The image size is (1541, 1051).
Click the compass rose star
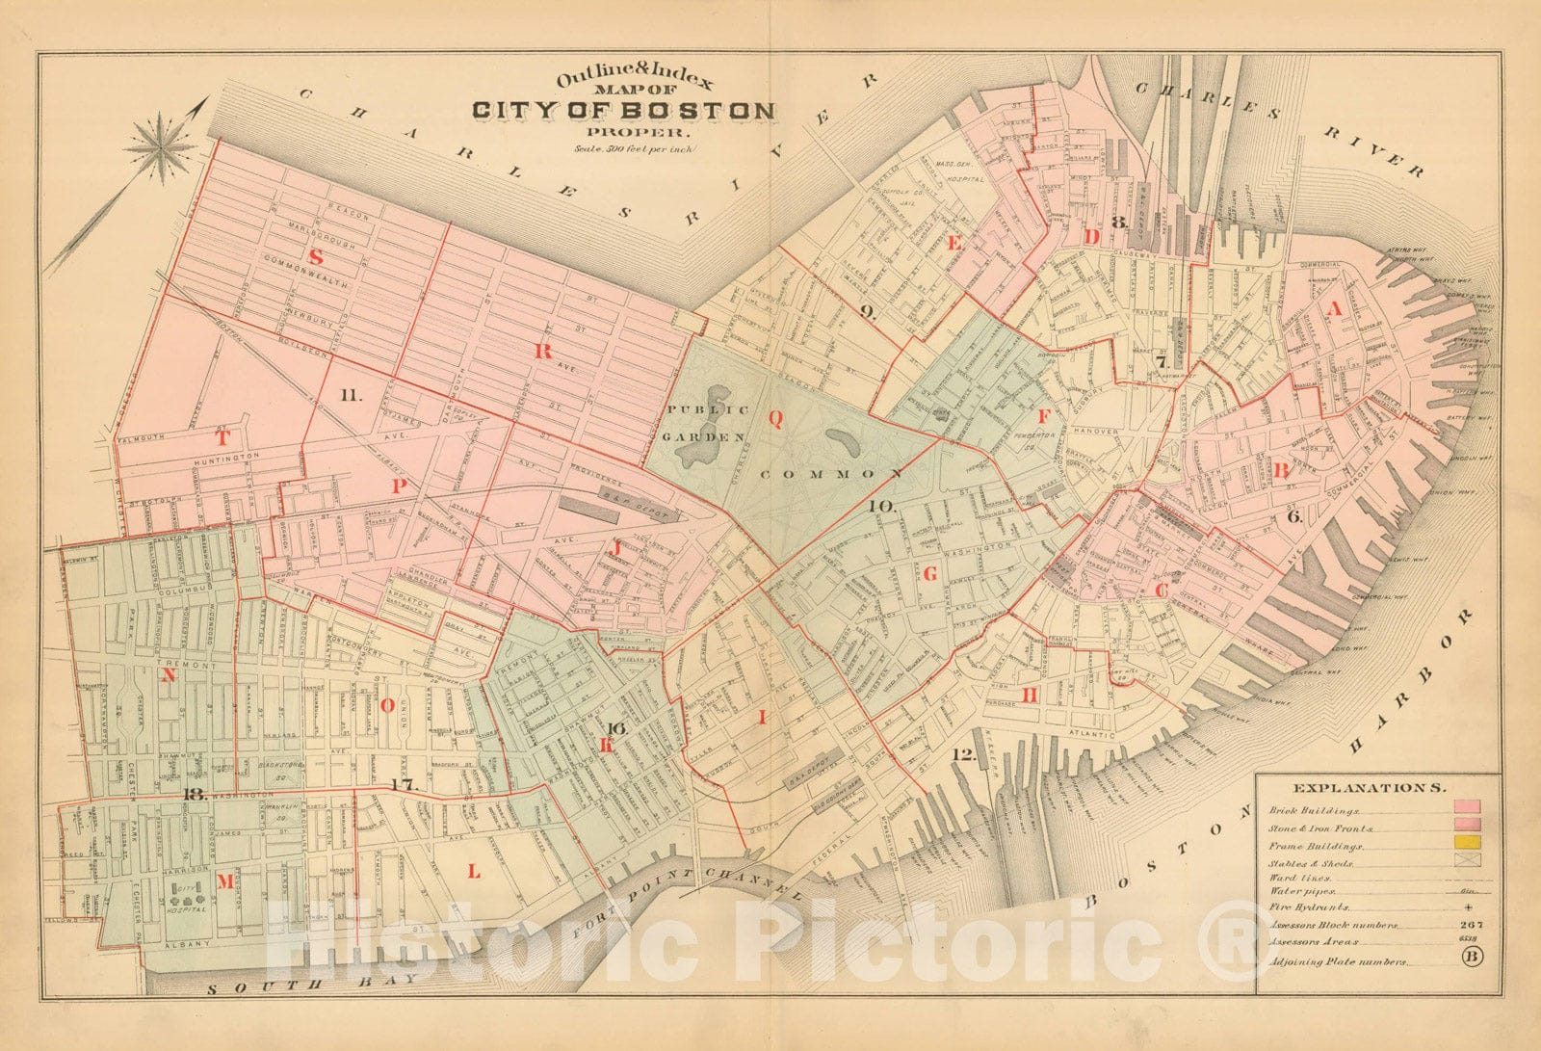pos(160,145)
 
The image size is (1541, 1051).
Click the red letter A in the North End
pos(1334,308)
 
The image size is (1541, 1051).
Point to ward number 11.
pos(350,394)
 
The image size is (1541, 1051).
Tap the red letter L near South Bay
pos(473,872)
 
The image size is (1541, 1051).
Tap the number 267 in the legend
pos(1470,925)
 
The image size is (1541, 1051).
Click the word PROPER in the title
pos(627,133)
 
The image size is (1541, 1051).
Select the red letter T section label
pos(222,437)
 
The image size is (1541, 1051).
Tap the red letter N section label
pos(169,675)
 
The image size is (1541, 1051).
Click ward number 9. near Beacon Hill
pos(867,311)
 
